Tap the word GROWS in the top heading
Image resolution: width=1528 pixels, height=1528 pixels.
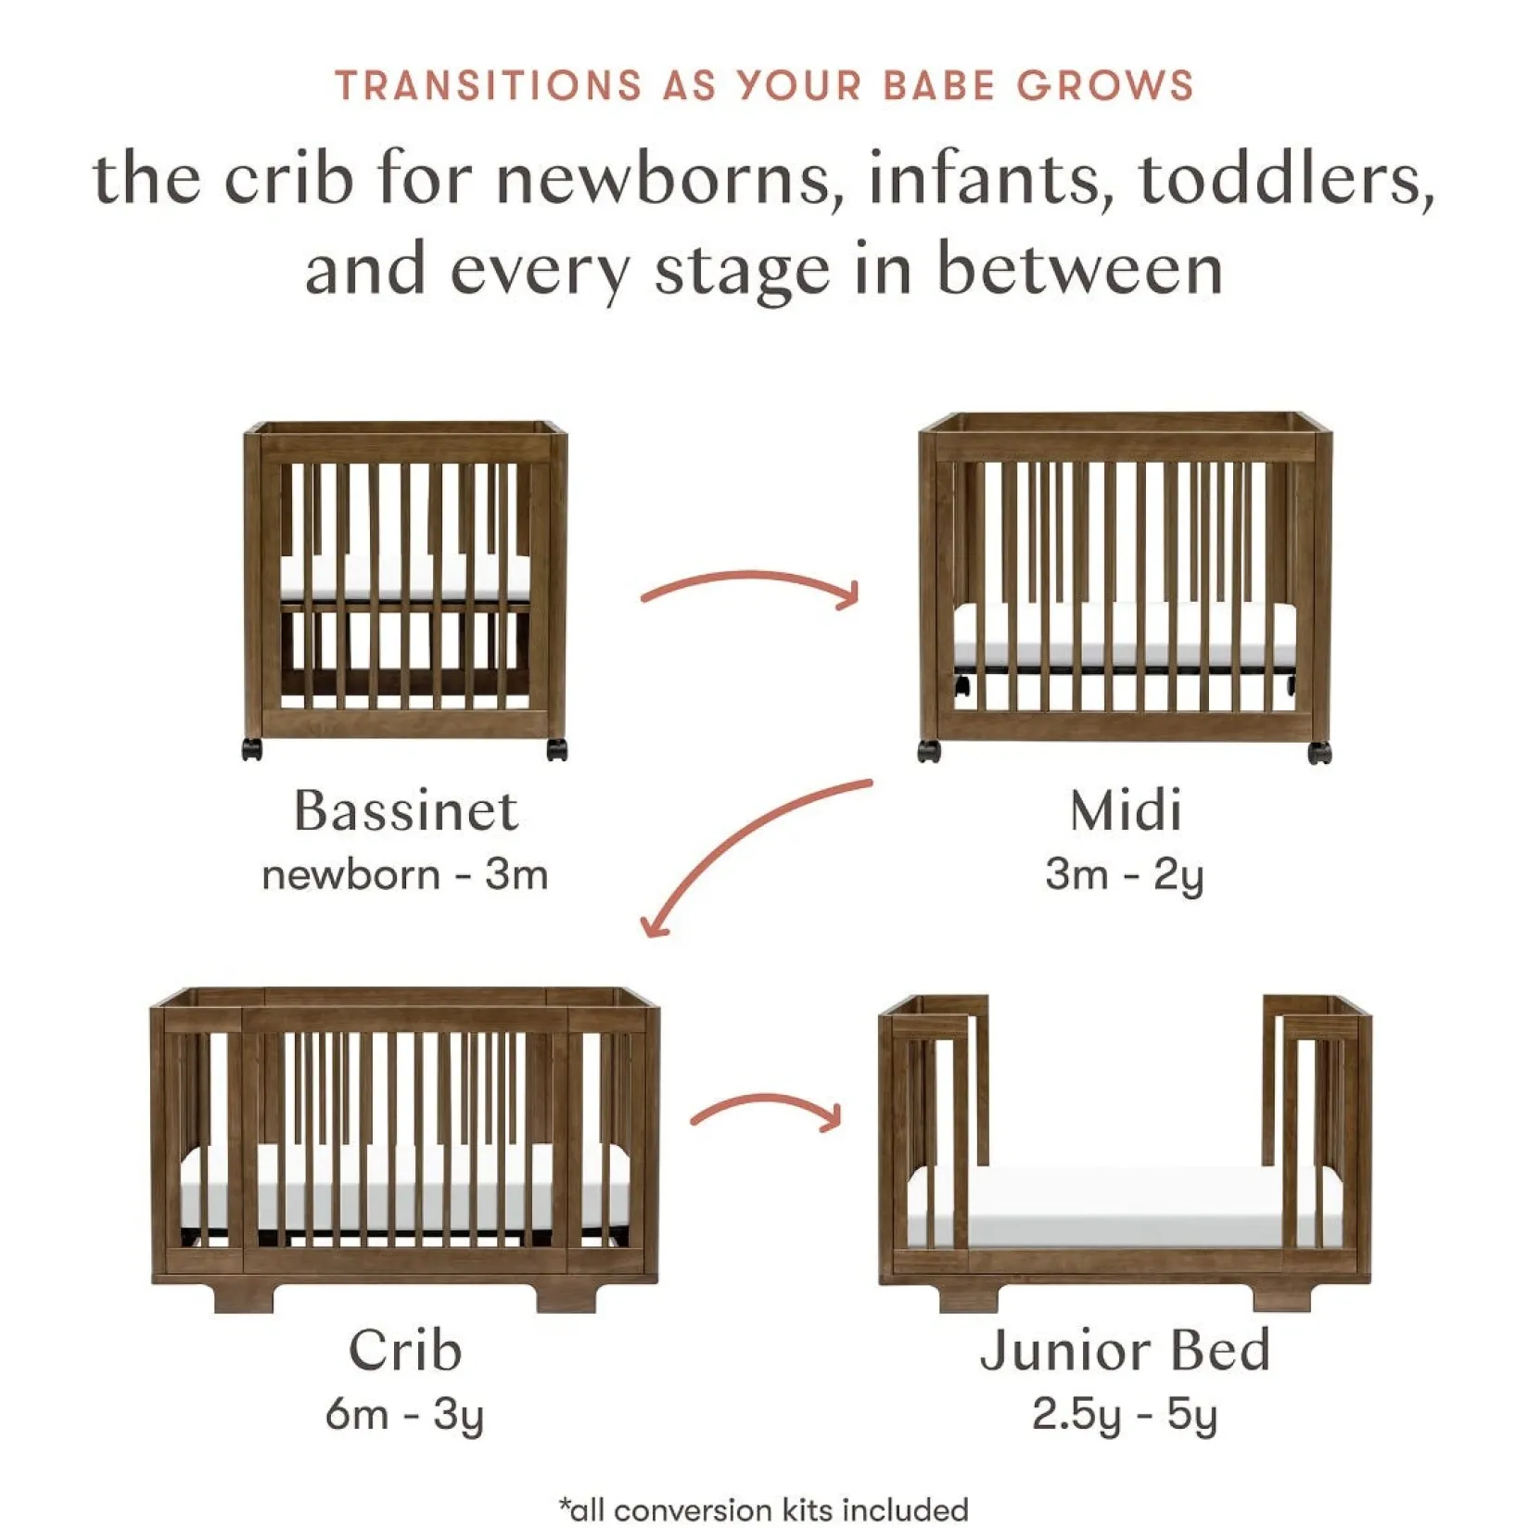(1105, 86)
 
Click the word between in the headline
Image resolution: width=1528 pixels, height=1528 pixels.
(1079, 270)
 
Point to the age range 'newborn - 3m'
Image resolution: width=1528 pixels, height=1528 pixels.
(405, 875)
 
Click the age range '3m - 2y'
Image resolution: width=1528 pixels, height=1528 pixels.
(1125, 875)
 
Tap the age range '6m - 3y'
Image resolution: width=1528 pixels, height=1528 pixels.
(405, 1415)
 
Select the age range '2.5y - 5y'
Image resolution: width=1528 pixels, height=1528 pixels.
(1125, 1415)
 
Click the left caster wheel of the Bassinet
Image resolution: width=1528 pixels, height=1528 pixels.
(252, 749)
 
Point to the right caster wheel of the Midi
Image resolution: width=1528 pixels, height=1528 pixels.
(1319, 752)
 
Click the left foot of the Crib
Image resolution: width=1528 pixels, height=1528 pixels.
(244, 1296)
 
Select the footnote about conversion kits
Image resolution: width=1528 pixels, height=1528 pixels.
(764, 1509)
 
